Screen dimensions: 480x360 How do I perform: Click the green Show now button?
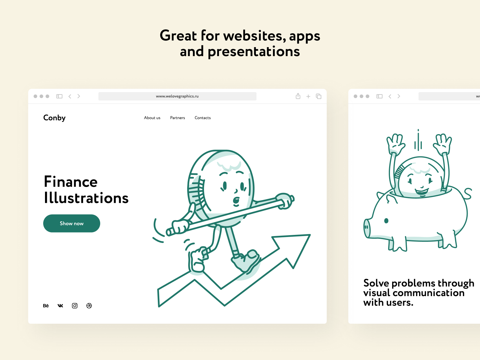tap(71, 223)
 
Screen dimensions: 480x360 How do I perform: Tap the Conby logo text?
tap(54, 118)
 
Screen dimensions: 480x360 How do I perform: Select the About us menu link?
tap(152, 118)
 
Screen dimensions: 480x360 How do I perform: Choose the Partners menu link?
tap(177, 118)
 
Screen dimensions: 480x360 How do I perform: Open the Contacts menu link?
tap(202, 118)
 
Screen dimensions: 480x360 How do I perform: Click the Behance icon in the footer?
tap(46, 306)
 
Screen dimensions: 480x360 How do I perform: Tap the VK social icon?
tap(60, 306)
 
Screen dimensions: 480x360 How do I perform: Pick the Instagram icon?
tap(75, 306)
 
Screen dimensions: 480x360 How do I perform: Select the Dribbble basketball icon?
tap(89, 306)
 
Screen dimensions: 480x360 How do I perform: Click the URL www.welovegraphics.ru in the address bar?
tap(177, 96)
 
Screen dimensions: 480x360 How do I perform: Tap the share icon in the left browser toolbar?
tap(298, 96)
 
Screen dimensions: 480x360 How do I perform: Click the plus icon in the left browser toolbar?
tap(308, 96)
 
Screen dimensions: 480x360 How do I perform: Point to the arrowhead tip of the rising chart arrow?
tap(310, 235)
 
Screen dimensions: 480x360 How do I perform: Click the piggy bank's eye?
tap(386, 221)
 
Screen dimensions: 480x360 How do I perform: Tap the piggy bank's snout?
tap(367, 228)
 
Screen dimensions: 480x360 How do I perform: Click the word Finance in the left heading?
tap(70, 181)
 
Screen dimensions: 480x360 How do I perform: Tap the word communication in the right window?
tap(429, 293)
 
